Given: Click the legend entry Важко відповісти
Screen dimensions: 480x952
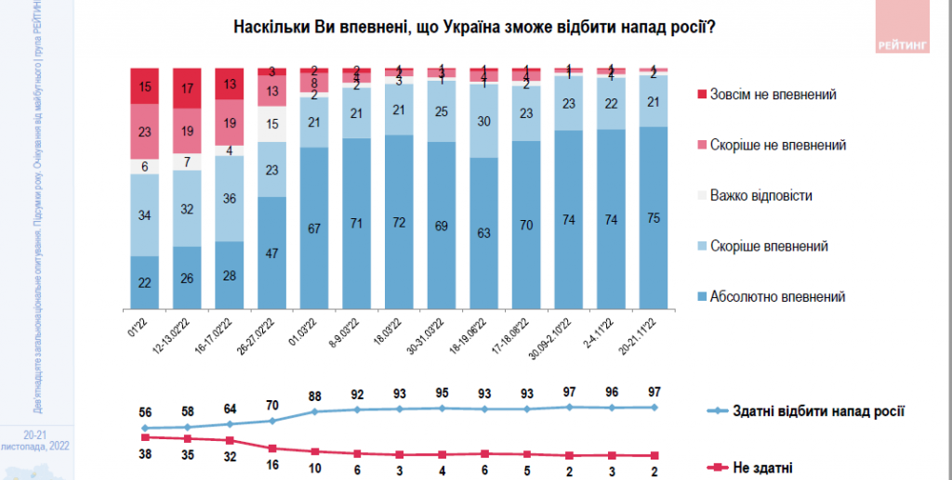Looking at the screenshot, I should pos(760,196).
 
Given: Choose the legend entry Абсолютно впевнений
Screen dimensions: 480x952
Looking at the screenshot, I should pos(777,297).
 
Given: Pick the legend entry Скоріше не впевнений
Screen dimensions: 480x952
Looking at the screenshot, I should pos(777,145).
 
